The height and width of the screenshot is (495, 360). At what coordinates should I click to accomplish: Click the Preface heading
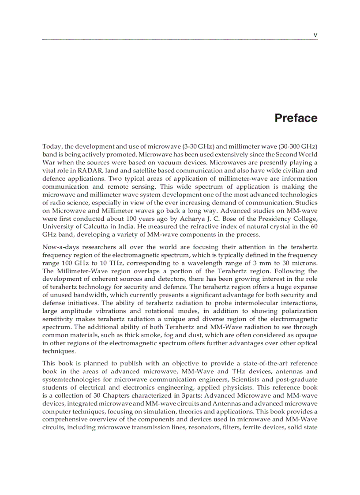296,118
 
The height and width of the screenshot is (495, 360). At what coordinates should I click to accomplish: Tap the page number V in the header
315,34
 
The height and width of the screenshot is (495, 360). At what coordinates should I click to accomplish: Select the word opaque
305,335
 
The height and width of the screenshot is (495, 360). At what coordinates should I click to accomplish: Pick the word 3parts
179,395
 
